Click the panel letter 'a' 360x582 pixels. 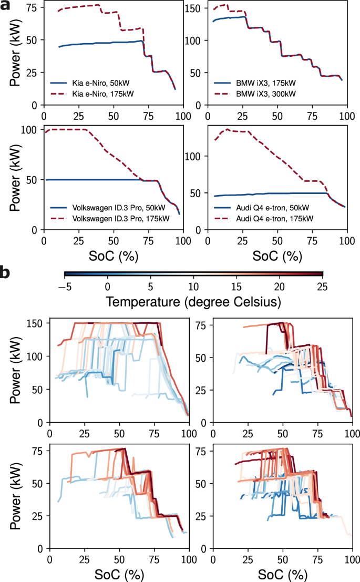point(5,7)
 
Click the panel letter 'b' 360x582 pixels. point(5,273)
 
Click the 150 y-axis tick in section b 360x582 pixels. point(35,323)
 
